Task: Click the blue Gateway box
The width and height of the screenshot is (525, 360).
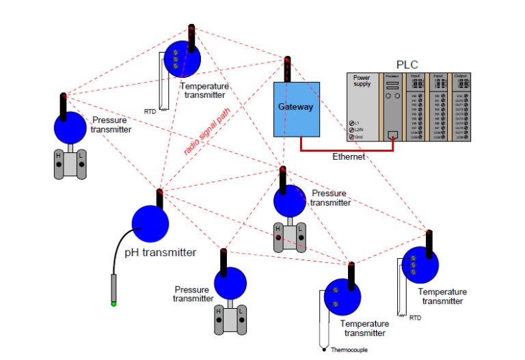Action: [x=297, y=109]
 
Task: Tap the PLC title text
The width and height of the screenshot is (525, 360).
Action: [x=407, y=64]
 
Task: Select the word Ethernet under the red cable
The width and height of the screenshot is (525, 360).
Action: [x=349, y=156]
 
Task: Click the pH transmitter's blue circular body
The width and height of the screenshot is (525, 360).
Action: [x=150, y=223]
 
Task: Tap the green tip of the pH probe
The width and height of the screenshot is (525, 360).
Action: [x=113, y=303]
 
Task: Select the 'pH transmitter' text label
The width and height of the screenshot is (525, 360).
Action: [x=161, y=253]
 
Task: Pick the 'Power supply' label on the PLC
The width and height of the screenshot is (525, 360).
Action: [x=362, y=81]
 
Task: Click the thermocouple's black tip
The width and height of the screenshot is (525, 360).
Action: [x=323, y=349]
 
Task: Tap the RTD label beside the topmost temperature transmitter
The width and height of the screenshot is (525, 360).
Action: [x=150, y=111]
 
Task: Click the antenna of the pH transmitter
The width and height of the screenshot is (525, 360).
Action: [x=159, y=199]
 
